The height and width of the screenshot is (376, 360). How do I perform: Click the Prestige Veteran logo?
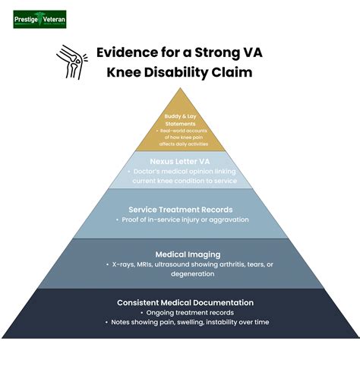39,18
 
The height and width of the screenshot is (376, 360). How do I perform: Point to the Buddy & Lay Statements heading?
180,120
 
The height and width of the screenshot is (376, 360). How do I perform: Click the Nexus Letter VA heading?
179,161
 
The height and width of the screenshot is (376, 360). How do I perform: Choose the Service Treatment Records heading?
180,208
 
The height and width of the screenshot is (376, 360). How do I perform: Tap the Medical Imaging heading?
180,254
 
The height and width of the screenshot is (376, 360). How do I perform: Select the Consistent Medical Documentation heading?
180,302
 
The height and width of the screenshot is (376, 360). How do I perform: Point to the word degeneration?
180,274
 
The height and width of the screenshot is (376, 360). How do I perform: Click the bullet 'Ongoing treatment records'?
182,312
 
